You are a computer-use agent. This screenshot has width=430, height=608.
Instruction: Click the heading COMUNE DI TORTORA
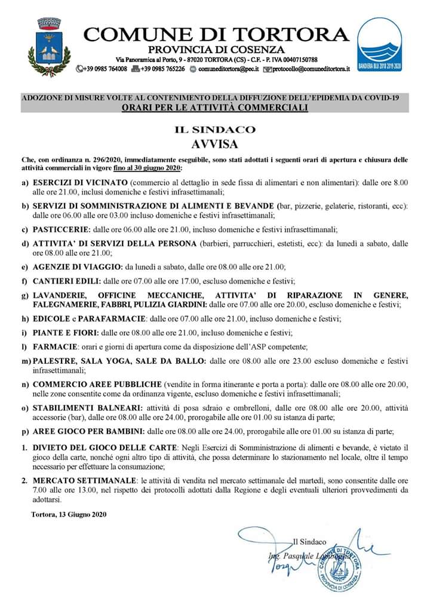[x=216, y=34]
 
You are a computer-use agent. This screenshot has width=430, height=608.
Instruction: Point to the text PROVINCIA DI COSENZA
[x=216, y=49]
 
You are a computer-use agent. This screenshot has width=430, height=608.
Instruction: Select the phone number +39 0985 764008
[x=106, y=69]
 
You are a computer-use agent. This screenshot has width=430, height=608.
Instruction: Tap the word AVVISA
[x=214, y=144]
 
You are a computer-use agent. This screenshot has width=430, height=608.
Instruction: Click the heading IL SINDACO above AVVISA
[x=214, y=129]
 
